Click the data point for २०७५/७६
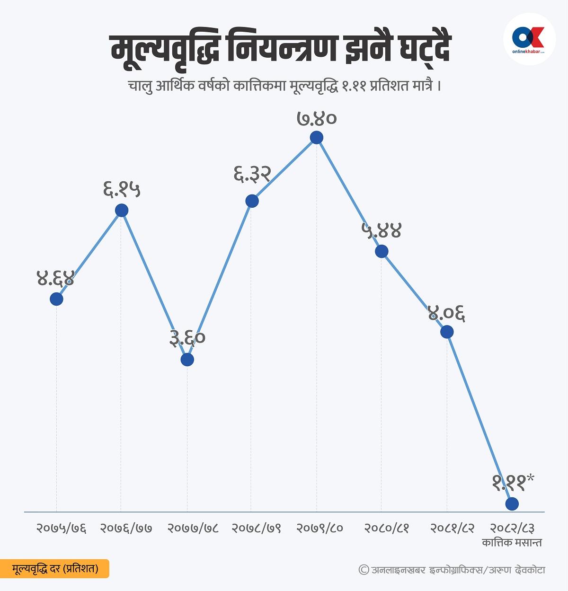[x=56, y=299]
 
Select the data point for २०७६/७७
[x=122, y=211]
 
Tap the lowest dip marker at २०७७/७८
[x=187, y=360]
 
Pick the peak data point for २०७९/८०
[x=317, y=138]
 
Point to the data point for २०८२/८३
[x=512, y=504]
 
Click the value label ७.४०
[x=317, y=118]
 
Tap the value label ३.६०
[x=187, y=337]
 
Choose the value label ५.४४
[x=382, y=230]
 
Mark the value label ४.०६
[x=446, y=313]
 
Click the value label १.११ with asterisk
[x=513, y=482]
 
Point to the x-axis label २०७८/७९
[x=256, y=528]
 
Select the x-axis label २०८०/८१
[x=386, y=528]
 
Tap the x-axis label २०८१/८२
[x=452, y=528]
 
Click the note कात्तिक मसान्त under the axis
[x=512, y=543]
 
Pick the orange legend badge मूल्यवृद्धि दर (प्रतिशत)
[x=55, y=568]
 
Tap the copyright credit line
[x=452, y=570]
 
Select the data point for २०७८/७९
[x=252, y=201]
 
